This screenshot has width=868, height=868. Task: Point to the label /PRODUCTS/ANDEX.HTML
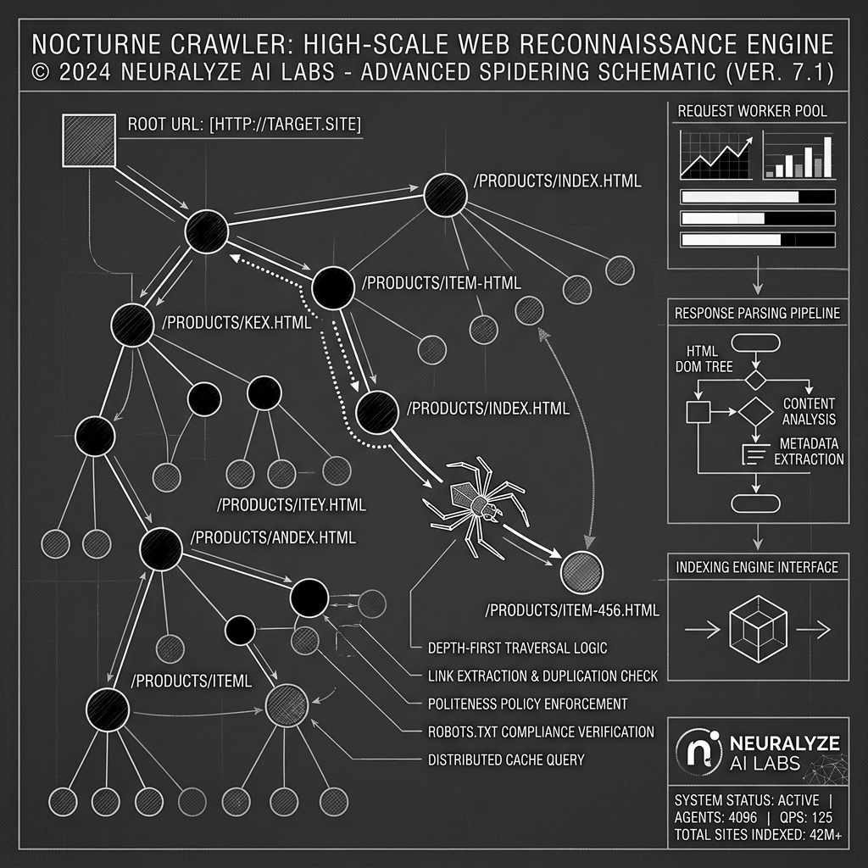274,537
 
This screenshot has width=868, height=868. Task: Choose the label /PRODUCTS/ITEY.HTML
292,505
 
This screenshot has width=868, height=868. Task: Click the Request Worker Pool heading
753,111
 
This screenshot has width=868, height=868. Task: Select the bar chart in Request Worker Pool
798,156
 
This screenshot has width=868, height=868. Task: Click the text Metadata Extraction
810,452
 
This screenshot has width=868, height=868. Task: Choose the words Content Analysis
809,411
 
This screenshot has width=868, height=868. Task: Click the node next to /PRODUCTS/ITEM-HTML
332,288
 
